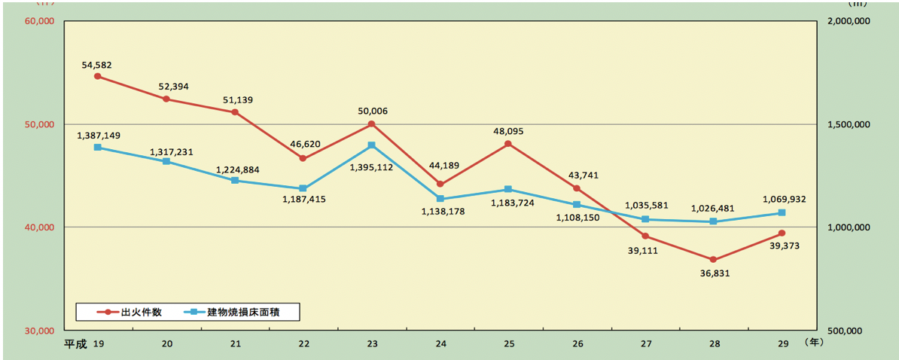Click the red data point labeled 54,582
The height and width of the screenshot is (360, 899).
click(98, 76)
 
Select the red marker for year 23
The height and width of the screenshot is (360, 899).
click(371, 124)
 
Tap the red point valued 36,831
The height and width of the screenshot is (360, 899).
click(713, 259)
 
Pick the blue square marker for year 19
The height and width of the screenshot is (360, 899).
click(98, 148)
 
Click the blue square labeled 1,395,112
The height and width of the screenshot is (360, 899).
click(371, 145)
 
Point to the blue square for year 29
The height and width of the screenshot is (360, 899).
click(782, 213)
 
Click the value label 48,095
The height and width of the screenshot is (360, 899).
click(508, 131)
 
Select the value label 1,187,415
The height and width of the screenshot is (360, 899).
click(303, 200)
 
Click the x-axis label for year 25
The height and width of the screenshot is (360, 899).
click(509, 344)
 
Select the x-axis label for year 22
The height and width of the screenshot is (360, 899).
click(303, 344)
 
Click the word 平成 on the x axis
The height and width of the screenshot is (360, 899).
click(75, 344)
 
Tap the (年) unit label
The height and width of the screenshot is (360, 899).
click(815, 343)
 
